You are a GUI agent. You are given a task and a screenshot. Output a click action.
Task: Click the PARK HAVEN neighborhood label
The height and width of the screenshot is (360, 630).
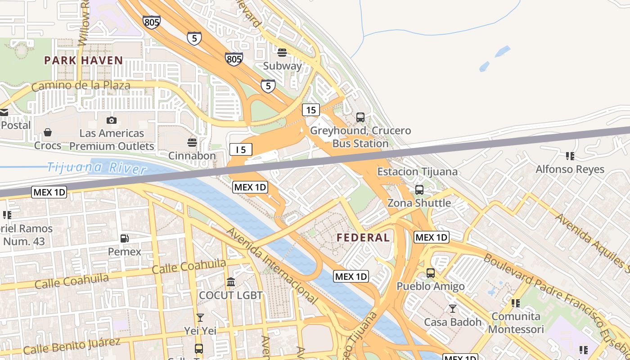pos(83,60)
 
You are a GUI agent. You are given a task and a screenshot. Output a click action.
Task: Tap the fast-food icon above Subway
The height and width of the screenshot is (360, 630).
pos(282,53)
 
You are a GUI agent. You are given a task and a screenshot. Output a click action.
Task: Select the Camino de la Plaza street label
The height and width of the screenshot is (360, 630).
pos(81,85)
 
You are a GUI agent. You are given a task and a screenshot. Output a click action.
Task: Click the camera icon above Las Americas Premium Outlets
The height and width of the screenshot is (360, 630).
pos(112,120)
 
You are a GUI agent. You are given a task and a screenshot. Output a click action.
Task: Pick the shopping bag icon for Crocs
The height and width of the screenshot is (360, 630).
pos(48,132)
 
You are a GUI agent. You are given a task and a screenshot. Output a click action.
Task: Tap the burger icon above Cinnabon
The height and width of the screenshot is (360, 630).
pos(192,143)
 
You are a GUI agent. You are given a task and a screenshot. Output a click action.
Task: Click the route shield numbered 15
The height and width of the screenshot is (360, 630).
pos(311,110)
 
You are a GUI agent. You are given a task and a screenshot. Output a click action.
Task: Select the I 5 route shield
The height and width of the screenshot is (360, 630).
pos(241,150)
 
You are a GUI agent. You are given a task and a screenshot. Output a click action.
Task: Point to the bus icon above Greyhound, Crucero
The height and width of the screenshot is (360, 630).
pos(360,117)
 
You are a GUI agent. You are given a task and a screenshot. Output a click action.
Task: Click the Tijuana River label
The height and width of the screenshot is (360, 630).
pos(97,168)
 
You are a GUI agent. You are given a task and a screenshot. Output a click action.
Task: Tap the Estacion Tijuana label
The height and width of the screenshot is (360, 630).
pos(417,171)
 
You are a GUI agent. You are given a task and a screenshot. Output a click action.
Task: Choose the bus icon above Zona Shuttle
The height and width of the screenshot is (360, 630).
pos(419,190)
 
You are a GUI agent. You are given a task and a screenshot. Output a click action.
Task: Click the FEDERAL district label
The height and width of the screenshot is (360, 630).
pos(363,238)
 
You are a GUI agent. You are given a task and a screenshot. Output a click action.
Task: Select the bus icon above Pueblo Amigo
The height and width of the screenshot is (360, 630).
pos(431,273)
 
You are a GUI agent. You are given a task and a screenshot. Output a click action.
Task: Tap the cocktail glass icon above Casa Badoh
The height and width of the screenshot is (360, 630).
pos(453,309)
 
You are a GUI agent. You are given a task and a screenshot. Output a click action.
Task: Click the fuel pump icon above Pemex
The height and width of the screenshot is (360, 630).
pos(125,238)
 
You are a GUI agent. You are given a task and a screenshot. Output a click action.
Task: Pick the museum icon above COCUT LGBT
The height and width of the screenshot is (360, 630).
pos(231,282)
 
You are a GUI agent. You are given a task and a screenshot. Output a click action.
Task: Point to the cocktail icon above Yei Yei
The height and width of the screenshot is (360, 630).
pos(200,318)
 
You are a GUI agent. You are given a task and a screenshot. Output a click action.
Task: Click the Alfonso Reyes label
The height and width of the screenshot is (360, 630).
pos(570,169)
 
